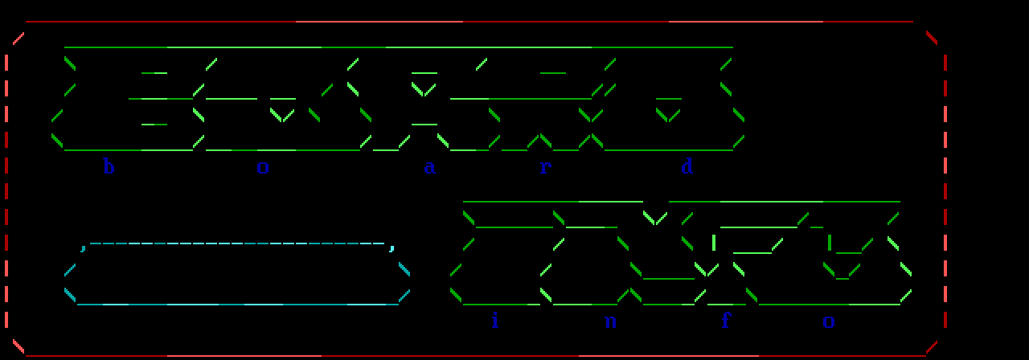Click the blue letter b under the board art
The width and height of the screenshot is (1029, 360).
[x=109, y=167]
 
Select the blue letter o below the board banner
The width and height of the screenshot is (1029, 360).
[x=263, y=167]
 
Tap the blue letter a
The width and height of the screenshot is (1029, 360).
[x=430, y=167]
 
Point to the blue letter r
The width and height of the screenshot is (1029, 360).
[x=545, y=167]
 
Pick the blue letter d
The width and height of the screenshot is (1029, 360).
[x=687, y=167]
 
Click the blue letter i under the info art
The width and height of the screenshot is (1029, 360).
[x=494, y=321]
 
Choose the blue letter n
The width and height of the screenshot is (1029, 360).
[x=610, y=321]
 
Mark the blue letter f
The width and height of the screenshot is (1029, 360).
[x=726, y=321]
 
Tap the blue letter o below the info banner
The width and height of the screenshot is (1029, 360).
[x=829, y=321]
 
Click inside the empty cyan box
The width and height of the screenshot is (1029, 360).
[x=237, y=273]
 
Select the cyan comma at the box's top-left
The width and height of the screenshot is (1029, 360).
[x=84, y=247]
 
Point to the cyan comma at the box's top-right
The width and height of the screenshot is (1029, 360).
[x=392, y=247]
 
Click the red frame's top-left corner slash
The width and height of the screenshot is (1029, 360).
[x=18, y=38]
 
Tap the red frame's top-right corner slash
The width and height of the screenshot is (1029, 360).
[x=932, y=38]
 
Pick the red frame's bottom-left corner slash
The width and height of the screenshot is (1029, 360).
[x=18, y=346]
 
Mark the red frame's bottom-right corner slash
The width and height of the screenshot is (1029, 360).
[x=932, y=346]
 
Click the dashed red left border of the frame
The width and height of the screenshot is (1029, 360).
[x=6, y=193]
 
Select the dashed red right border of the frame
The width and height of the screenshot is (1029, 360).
[x=945, y=193]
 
